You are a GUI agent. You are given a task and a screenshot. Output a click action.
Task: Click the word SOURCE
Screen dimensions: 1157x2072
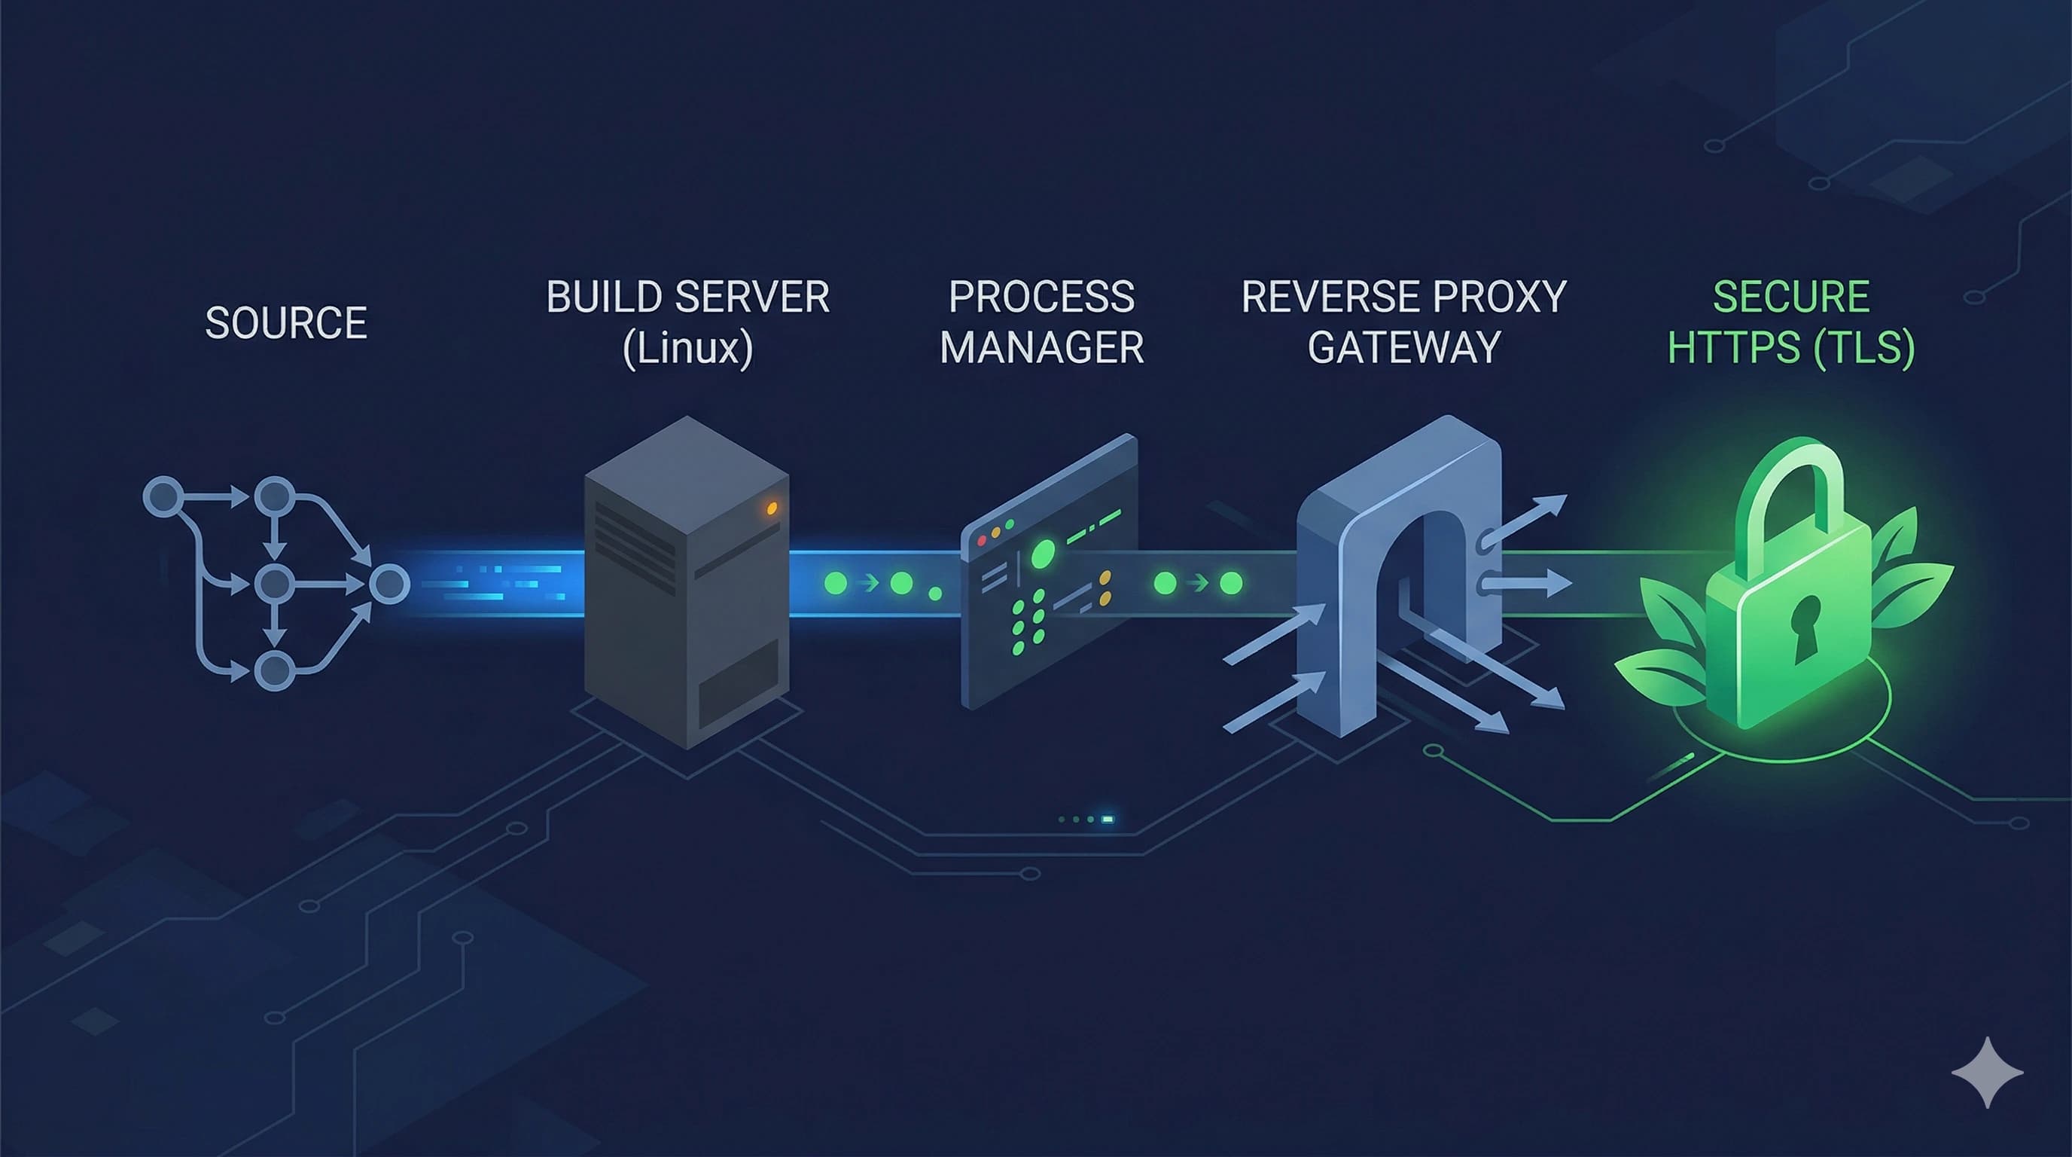pos(285,323)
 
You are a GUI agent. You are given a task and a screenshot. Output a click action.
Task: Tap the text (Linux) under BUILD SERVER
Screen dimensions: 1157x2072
pos(687,349)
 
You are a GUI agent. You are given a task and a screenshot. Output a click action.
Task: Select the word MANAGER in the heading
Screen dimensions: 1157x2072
pos(1041,349)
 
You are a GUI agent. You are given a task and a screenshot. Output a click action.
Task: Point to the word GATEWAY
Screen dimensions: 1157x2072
pos(1403,349)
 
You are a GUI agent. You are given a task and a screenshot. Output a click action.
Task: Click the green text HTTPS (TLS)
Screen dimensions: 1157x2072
pos(1790,349)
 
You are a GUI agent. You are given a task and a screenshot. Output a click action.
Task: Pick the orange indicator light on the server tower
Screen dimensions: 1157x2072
pos(772,508)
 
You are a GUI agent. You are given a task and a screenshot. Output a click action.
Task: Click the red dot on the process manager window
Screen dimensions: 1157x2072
pos(981,542)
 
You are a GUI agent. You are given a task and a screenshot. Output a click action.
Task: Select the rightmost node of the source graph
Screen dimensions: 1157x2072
pos(389,584)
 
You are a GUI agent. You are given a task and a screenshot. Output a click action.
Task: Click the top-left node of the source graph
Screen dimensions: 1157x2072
pos(163,496)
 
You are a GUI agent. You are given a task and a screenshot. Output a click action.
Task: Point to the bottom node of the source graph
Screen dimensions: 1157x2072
pos(274,670)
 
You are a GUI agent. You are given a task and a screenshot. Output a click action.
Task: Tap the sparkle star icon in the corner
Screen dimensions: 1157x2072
pos(1987,1073)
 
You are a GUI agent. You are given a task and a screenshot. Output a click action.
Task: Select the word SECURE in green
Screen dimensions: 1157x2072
pos(1790,297)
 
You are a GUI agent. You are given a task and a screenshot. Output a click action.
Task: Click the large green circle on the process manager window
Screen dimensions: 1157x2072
pos(1044,554)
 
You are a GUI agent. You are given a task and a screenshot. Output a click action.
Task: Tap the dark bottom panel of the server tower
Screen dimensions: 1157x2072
pos(739,684)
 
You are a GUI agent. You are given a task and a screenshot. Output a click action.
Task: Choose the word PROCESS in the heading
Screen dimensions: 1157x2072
pos(1041,297)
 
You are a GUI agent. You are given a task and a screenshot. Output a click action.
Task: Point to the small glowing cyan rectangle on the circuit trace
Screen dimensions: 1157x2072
pos(1108,819)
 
